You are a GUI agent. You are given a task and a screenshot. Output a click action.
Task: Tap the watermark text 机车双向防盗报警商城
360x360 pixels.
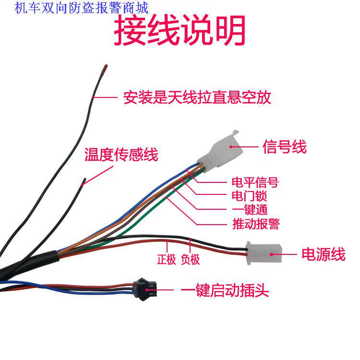(82, 7)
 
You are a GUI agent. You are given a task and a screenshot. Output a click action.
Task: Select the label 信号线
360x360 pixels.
(284, 146)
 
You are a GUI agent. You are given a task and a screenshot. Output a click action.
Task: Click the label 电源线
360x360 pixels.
(323, 254)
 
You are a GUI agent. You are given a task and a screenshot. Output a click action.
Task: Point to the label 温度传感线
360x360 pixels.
(121, 155)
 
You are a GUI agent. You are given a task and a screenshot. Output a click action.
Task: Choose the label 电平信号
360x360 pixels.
(255, 182)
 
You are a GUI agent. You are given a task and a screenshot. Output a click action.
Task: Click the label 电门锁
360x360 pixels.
(249, 196)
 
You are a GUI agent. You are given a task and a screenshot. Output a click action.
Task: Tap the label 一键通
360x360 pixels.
(249, 210)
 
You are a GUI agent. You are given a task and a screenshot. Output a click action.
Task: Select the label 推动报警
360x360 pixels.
(255, 224)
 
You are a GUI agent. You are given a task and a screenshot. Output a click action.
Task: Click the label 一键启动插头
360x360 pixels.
(225, 291)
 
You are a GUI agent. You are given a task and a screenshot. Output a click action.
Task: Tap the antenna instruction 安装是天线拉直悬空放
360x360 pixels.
(197, 98)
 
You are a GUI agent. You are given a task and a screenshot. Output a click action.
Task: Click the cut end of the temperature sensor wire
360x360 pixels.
(84, 181)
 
